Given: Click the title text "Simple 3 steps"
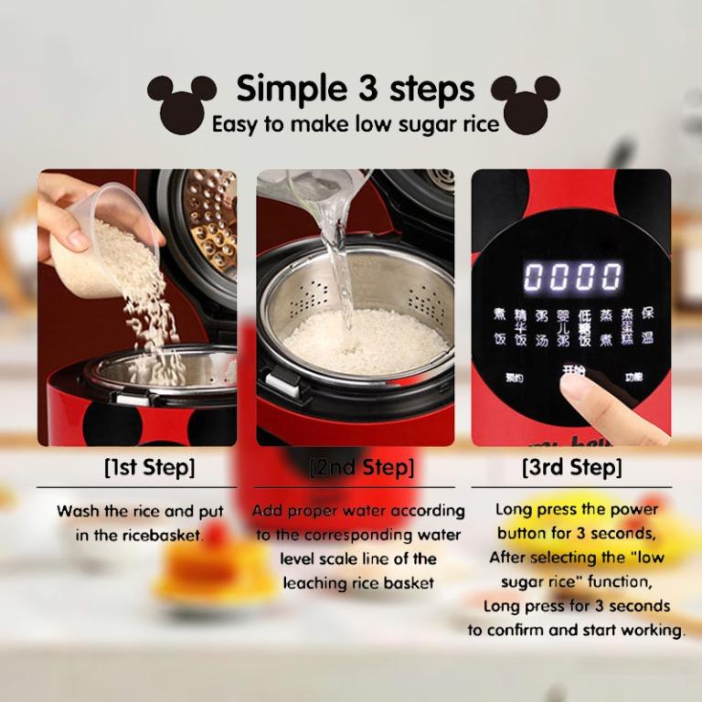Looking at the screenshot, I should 356,89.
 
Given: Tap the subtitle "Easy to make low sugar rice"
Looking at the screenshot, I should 356,124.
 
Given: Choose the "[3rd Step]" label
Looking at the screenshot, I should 571,467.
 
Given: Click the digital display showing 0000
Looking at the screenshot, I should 571,275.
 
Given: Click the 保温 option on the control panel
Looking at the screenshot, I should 647,325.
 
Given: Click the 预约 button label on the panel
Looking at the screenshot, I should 514,377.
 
